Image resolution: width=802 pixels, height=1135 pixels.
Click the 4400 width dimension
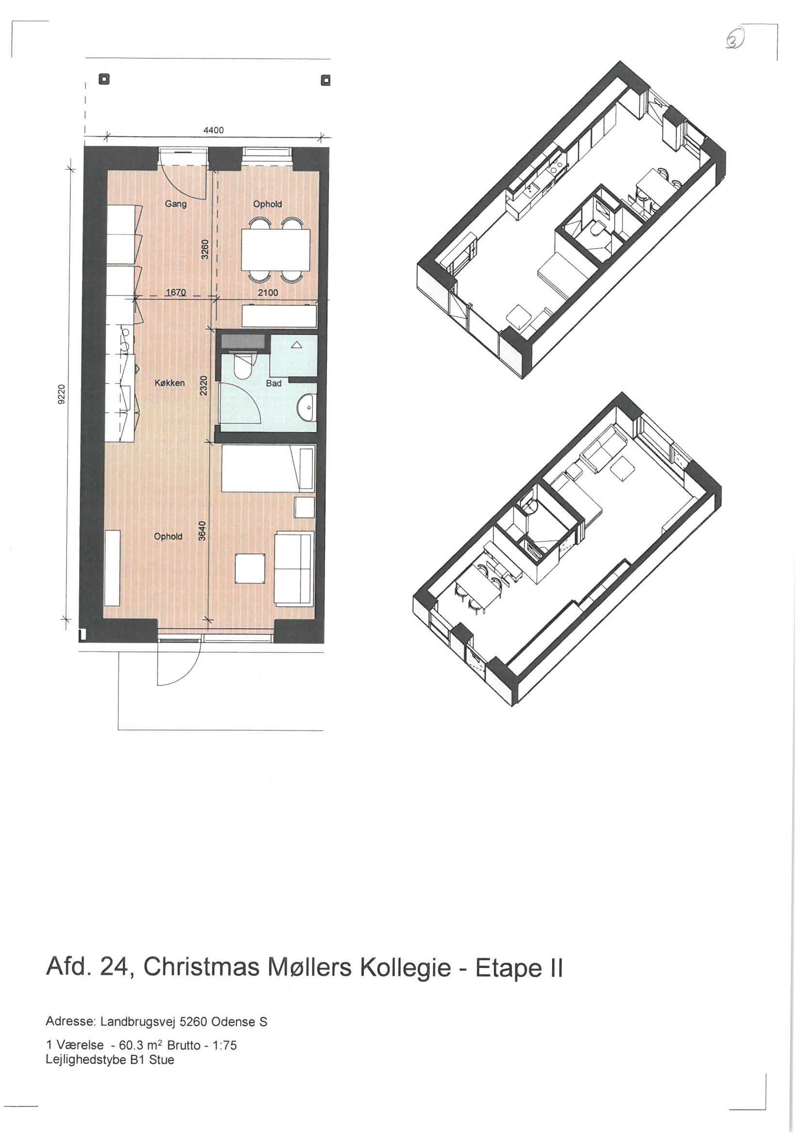pyautogui.click(x=213, y=131)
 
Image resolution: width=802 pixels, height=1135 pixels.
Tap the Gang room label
pyautogui.click(x=176, y=204)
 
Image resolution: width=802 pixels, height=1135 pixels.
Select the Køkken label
pyautogui.click(x=169, y=383)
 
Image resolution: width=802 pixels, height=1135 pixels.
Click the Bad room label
pyautogui.click(x=274, y=383)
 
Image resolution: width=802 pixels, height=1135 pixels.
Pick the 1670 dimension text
pyautogui.click(x=176, y=293)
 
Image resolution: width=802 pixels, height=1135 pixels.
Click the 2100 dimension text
pyautogui.click(x=268, y=293)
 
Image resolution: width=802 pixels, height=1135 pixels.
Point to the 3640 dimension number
pyautogui.click(x=202, y=531)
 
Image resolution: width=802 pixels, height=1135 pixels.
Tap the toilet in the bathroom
pyautogui.click(x=243, y=367)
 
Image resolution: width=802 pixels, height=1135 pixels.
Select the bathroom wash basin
pyautogui.click(x=307, y=408)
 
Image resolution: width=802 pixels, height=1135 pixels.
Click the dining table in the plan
pyautogui.click(x=276, y=250)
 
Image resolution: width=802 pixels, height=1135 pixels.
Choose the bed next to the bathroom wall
pyautogui.click(x=267, y=467)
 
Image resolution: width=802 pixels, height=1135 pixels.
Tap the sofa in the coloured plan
pyautogui.click(x=294, y=567)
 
